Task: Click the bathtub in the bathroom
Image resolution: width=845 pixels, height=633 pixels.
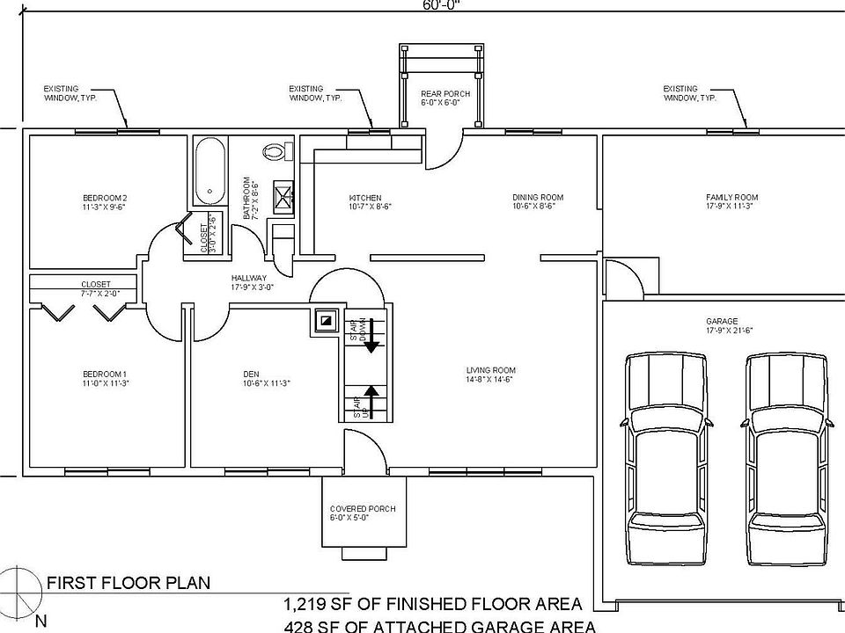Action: click(209, 170)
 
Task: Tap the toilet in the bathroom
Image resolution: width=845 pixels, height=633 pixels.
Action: click(278, 151)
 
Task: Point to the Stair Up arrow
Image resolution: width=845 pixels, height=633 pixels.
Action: click(371, 401)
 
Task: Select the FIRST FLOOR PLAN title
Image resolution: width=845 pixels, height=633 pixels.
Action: click(128, 582)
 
